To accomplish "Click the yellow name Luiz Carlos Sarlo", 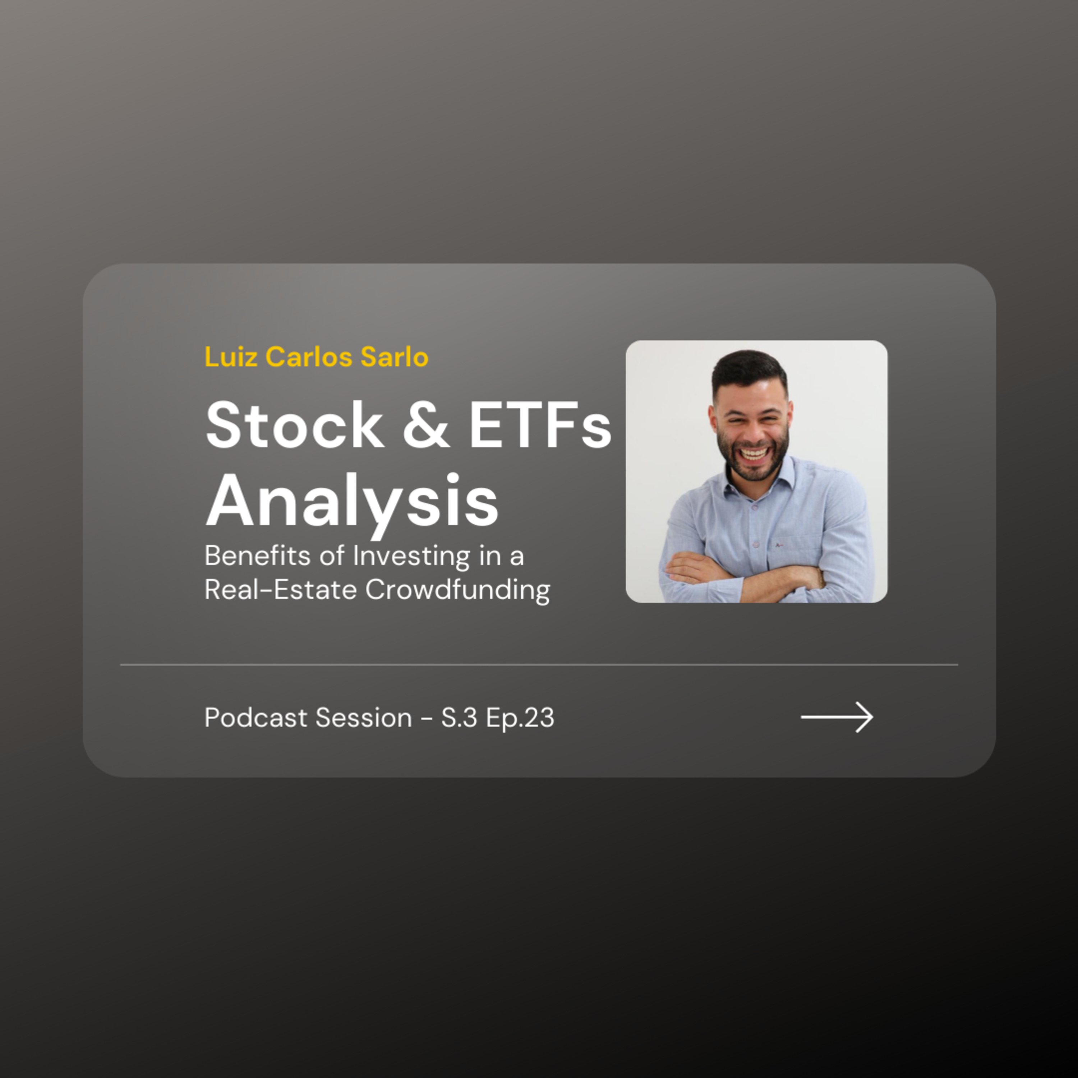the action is [x=316, y=357].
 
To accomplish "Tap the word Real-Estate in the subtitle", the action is [x=280, y=590].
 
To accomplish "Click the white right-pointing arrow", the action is [x=837, y=717].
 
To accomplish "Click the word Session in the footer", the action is [x=364, y=718].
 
